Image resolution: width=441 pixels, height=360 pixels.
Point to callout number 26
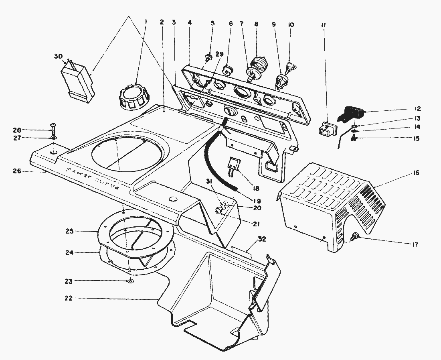click(x=16, y=171)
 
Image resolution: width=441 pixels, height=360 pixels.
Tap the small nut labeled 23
click(x=131, y=281)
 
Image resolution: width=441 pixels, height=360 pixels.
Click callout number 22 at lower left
click(x=70, y=298)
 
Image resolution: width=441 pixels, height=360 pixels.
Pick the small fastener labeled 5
click(x=208, y=57)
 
